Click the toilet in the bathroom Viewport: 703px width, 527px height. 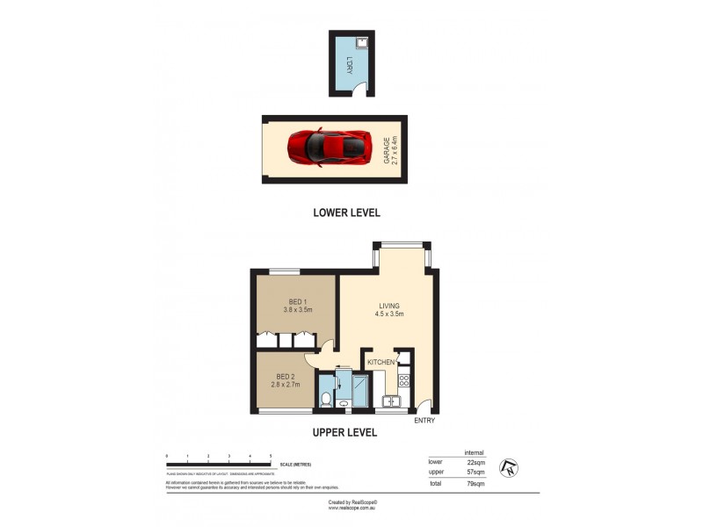325,400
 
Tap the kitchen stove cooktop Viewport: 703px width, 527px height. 404,381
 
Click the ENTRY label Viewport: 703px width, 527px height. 424,422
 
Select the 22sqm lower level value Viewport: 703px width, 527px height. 476,461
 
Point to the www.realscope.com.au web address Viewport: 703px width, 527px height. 351,507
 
